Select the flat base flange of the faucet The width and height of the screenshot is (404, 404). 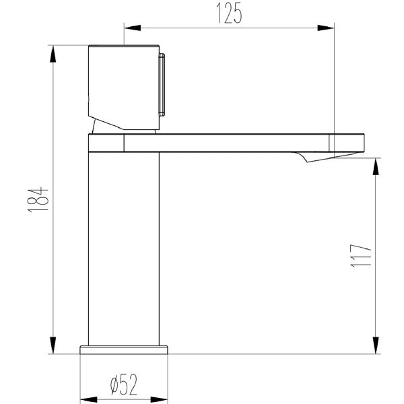pyautogui.click(x=123, y=349)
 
